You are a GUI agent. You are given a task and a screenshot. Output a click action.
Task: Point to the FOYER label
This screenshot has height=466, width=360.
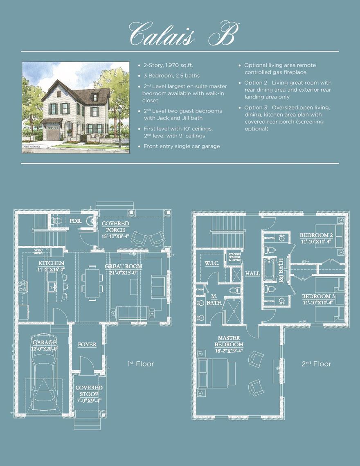click(x=87, y=344)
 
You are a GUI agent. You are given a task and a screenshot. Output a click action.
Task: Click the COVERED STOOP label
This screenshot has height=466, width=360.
click(x=89, y=391)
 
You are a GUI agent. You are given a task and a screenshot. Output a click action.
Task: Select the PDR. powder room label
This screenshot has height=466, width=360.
click(x=75, y=221)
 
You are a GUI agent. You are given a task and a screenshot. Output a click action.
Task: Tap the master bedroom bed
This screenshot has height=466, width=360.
click(x=214, y=373)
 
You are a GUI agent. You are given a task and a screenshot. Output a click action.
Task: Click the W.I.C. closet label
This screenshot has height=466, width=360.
click(x=212, y=263)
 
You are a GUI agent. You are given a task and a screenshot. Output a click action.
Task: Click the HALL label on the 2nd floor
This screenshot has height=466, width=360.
click(x=252, y=273)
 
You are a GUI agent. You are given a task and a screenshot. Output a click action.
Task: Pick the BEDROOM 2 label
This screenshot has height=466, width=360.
click(x=316, y=238)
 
